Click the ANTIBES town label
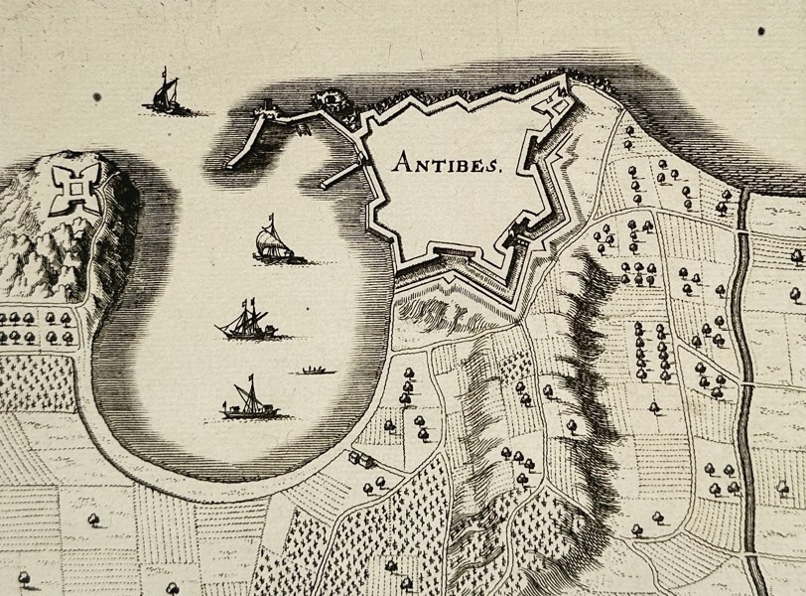447,162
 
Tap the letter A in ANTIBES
400,162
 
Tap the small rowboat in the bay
315,372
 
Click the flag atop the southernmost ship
251,379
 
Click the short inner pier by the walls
337,176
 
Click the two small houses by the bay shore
360,460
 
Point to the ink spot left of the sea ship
97,97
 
